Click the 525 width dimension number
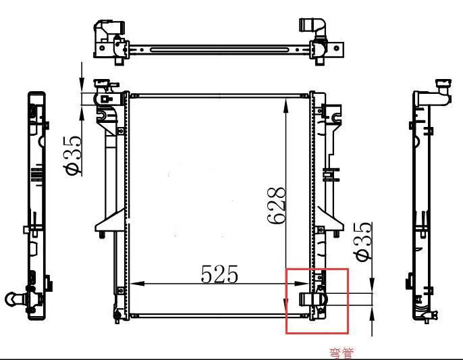point(219,274)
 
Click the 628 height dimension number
point(277,205)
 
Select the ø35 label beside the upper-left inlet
point(74,155)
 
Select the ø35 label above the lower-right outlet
point(362,241)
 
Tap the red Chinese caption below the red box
point(340,352)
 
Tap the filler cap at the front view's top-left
point(103,84)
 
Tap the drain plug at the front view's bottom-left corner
point(119,313)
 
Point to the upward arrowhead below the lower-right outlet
point(372,311)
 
